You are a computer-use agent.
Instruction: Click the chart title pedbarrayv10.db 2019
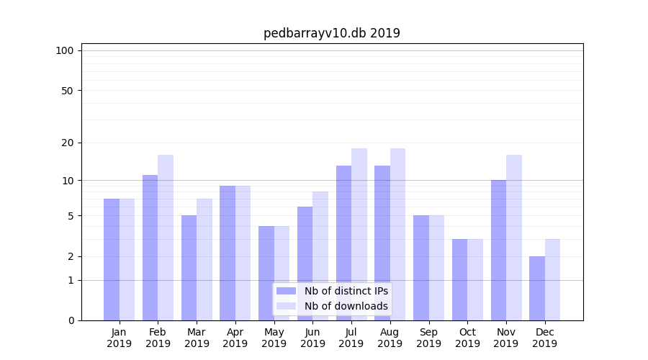click(x=331, y=33)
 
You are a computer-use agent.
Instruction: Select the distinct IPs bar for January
click(x=112, y=259)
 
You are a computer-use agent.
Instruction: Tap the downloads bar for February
click(x=166, y=238)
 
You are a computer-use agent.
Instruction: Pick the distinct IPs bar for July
click(x=343, y=243)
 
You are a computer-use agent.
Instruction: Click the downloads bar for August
click(x=397, y=234)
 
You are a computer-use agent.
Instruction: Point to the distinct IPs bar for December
click(x=537, y=288)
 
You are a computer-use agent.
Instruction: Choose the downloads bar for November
click(x=514, y=238)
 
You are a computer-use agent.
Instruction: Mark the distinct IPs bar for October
click(x=459, y=279)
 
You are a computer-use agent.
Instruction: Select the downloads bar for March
click(x=204, y=259)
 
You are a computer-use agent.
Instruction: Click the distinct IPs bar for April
click(x=228, y=253)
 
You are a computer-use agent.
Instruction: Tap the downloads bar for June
click(x=320, y=256)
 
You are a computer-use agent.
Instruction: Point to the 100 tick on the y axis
click(x=65, y=50)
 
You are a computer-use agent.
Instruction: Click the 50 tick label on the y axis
click(x=68, y=91)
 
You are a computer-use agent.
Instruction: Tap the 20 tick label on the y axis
click(x=68, y=143)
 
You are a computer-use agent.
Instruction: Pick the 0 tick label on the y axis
click(x=71, y=320)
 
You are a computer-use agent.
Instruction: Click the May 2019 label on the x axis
click(x=274, y=338)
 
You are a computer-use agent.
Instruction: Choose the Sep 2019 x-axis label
click(x=428, y=338)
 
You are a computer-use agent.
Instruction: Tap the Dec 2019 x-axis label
click(x=545, y=338)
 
